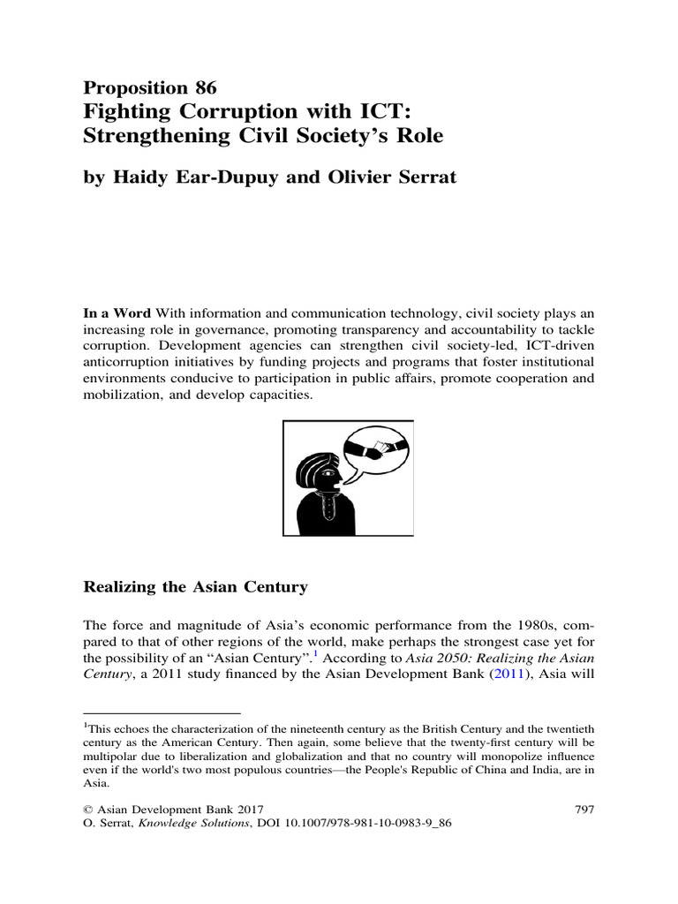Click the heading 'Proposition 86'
(x=149, y=87)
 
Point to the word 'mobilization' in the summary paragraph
(x=124, y=397)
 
